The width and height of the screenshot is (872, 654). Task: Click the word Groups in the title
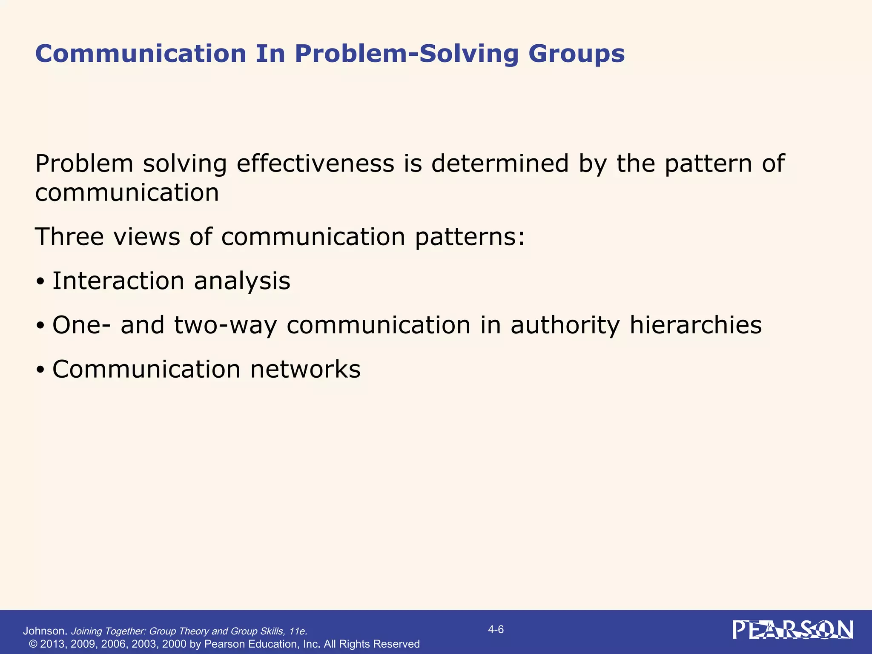tap(577, 54)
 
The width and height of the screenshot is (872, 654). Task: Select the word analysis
tap(242, 281)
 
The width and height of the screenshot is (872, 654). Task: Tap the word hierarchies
tap(696, 325)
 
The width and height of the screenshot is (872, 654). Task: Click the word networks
tap(305, 369)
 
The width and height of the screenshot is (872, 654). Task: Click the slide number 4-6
tap(496, 630)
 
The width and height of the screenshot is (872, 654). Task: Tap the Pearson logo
tap(793, 630)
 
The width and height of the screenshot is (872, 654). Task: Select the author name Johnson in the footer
tap(45, 631)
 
